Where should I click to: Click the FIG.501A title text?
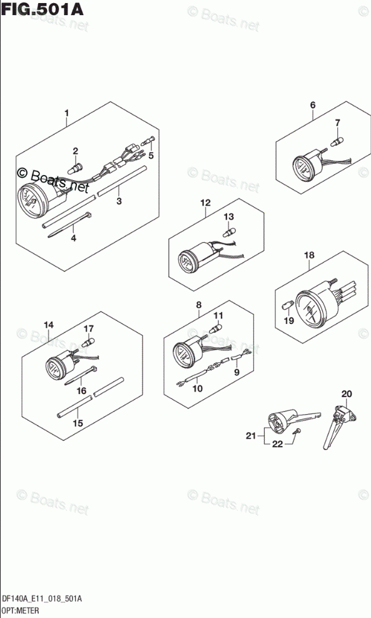(42, 9)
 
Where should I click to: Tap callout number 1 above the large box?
(67, 113)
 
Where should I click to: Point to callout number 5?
(151, 155)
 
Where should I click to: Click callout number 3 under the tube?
(119, 201)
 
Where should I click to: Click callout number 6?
(313, 105)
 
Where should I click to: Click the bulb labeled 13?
(228, 231)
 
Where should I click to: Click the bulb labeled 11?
(215, 328)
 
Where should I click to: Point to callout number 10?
(198, 388)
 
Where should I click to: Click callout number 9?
(236, 372)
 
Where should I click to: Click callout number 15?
(78, 423)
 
